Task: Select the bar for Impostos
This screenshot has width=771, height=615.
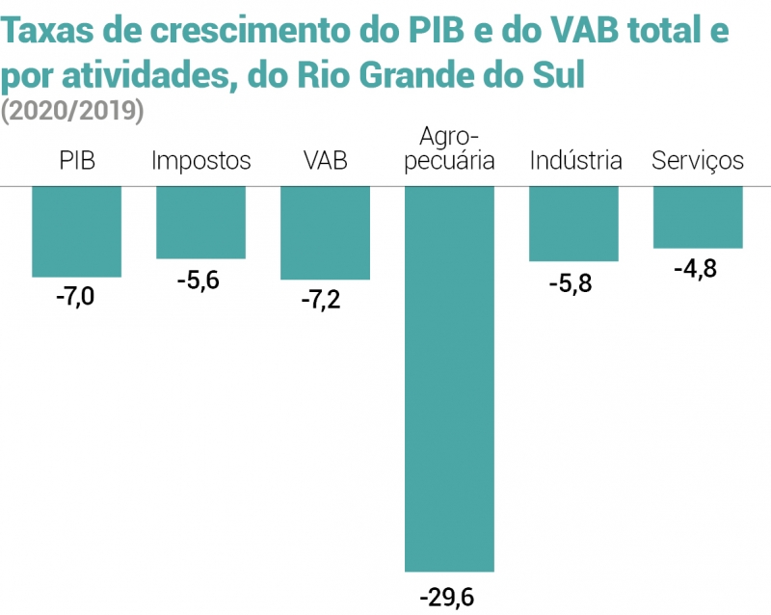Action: tap(200, 222)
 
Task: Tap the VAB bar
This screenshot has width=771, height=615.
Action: tap(325, 232)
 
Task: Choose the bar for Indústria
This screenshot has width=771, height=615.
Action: tap(573, 224)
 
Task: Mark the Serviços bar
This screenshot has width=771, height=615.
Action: tap(698, 217)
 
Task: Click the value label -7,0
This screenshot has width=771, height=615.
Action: tap(76, 296)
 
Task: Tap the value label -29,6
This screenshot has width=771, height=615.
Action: tap(447, 597)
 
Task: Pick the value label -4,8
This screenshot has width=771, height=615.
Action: tap(696, 269)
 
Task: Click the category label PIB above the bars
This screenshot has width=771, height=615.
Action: tap(77, 160)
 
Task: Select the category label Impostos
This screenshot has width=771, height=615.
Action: tap(201, 160)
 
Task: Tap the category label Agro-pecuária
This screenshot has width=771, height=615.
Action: tap(449, 147)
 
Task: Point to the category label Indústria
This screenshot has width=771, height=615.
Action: tap(575, 160)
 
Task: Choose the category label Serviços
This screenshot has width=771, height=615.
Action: tap(698, 160)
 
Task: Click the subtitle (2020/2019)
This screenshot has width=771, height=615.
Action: tap(72, 111)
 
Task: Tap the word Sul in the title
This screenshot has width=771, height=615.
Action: tap(557, 74)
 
